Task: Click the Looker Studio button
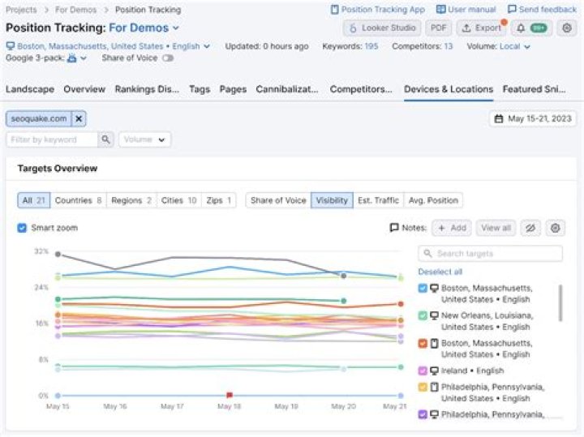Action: tap(381, 28)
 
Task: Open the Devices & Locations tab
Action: tap(448, 89)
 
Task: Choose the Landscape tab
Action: tap(29, 89)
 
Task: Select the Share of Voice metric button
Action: tap(278, 200)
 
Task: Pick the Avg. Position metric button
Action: tap(433, 200)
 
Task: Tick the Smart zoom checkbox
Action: tap(22, 228)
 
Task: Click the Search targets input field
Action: tap(491, 254)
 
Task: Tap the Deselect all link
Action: tap(440, 272)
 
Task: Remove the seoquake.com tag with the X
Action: tap(79, 119)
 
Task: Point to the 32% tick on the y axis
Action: tap(41, 251)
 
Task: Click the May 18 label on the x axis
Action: tap(229, 406)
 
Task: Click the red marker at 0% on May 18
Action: tap(230, 396)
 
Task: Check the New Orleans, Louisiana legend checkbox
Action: tap(423, 315)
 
